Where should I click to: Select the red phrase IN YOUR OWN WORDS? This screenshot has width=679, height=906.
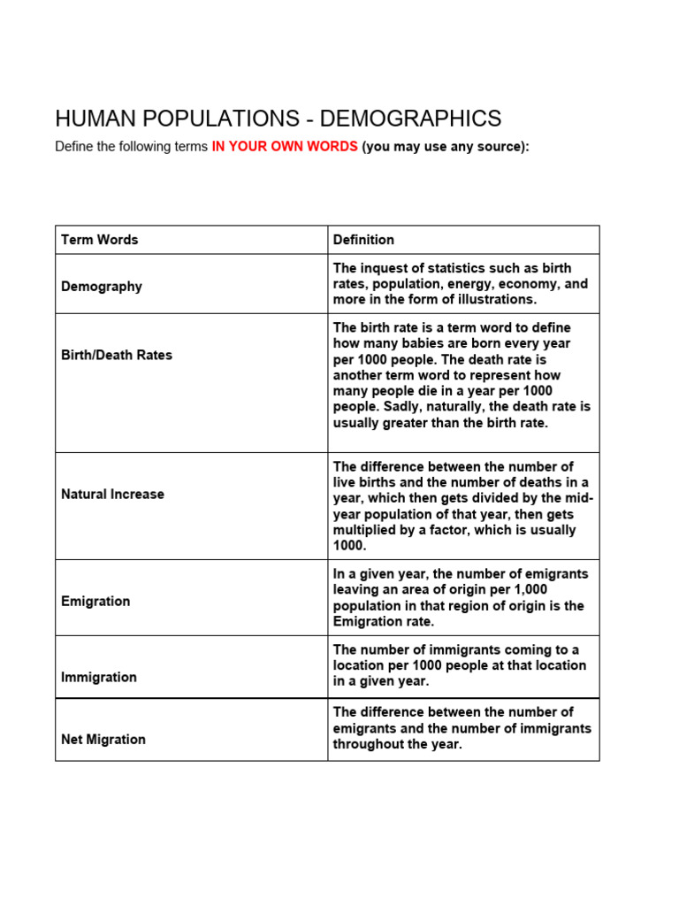click(285, 147)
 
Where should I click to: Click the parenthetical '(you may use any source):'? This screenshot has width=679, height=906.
click(446, 147)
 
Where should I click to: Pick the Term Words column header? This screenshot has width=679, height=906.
click(99, 240)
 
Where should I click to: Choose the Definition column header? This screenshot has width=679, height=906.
click(363, 240)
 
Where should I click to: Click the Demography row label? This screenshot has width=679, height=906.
click(101, 287)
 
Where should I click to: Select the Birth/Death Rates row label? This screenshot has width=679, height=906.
click(117, 355)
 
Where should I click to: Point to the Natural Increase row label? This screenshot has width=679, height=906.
click(112, 495)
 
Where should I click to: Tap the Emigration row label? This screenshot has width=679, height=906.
click(95, 602)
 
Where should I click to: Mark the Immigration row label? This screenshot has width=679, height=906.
click(99, 678)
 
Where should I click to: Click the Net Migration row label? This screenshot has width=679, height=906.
click(103, 740)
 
